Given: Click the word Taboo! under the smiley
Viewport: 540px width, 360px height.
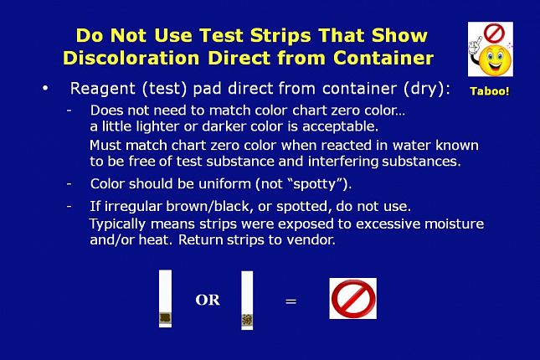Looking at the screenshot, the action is click(x=490, y=91).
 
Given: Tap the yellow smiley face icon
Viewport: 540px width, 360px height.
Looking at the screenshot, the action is click(x=495, y=60).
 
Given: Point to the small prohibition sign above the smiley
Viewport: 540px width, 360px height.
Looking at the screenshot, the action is click(x=494, y=33).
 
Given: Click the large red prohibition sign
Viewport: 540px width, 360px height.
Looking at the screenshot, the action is click(x=353, y=299).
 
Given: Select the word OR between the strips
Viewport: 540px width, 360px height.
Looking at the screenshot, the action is click(x=208, y=300).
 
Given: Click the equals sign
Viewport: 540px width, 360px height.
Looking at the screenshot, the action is click(x=291, y=301).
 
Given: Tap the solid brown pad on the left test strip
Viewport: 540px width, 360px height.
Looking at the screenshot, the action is click(x=165, y=317).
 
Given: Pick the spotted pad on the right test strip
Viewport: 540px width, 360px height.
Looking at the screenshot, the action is click(x=247, y=320).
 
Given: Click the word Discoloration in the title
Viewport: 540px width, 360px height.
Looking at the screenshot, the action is click(x=131, y=58).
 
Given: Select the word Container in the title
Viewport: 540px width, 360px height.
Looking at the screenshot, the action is click(x=383, y=58).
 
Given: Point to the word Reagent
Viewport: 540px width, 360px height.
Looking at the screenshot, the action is click(x=103, y=89).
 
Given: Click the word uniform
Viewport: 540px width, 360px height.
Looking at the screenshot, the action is click(x=224, y=183).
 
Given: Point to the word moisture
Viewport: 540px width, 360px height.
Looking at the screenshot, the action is click(x=455, y=224).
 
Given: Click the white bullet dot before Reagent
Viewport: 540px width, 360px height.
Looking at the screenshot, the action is click(x=45, y=89).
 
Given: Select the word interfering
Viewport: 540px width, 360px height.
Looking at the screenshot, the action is click(x=343, y=162).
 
